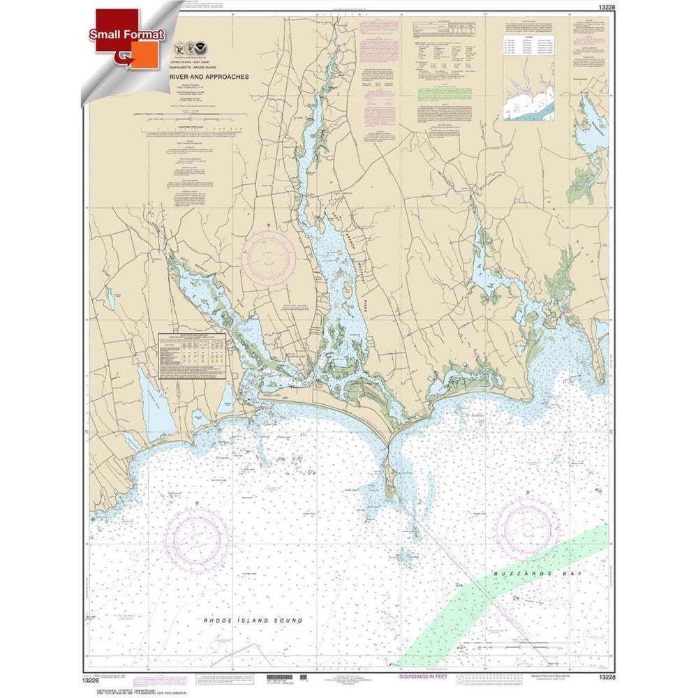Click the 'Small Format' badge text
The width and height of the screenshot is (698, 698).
click(x=125, y=34)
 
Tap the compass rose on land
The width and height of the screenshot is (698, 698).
click(x=269, y=255)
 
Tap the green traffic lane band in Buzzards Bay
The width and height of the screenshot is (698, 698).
click(x=489, y=593)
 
